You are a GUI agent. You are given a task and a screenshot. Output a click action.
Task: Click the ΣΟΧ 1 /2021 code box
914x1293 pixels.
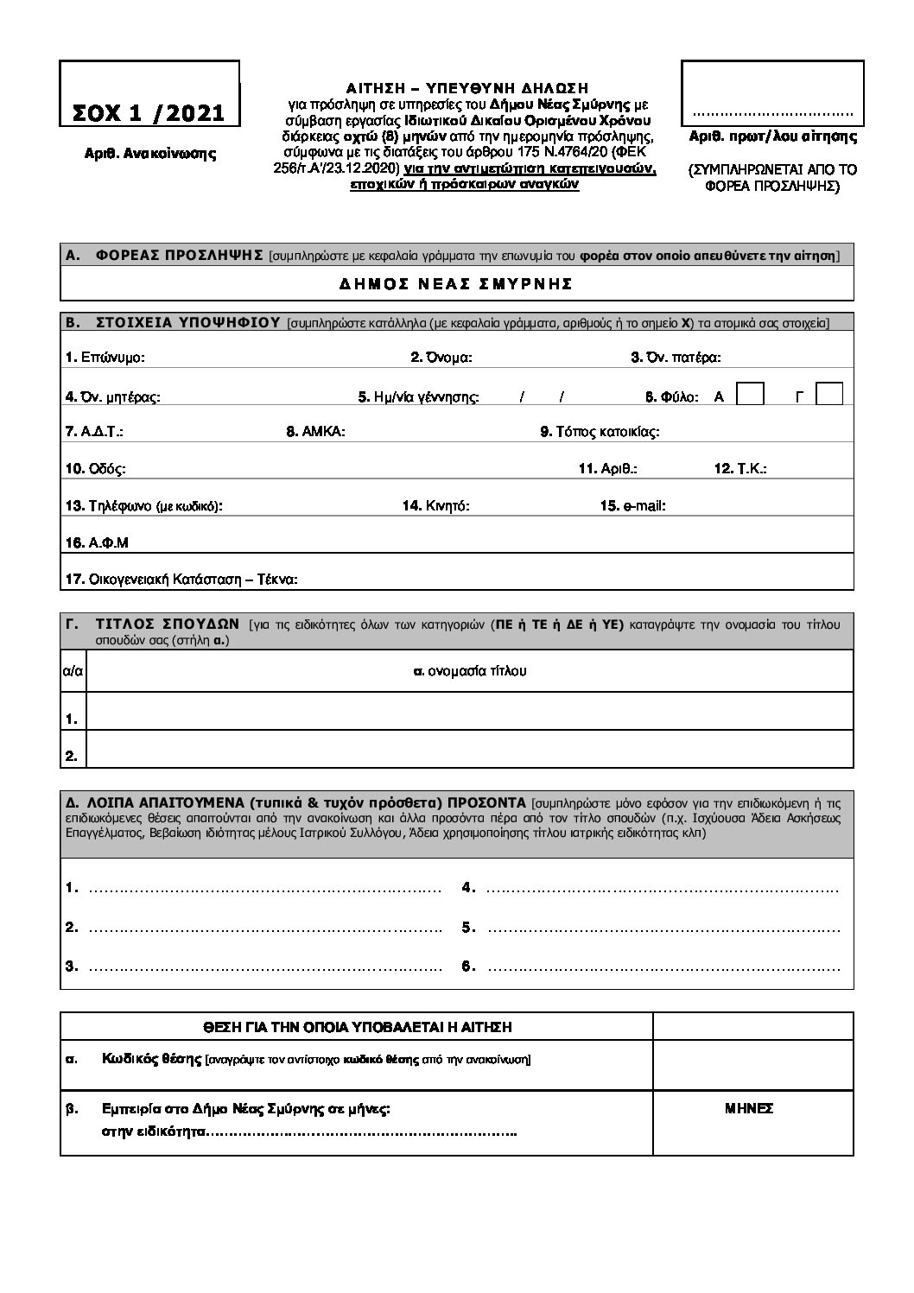149,93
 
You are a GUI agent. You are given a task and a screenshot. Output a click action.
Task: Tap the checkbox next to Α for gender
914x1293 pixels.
750,394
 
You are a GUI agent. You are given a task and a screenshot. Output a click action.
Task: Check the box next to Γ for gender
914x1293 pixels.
829,394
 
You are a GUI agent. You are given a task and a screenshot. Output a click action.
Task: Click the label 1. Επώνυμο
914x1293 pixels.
105,357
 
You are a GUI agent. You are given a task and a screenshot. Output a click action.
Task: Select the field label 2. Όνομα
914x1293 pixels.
441,357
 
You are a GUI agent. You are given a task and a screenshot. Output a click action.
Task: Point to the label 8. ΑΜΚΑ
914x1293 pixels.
316,431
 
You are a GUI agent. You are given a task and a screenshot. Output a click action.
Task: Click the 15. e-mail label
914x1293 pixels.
632,505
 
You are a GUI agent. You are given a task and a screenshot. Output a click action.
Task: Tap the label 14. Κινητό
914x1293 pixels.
436,505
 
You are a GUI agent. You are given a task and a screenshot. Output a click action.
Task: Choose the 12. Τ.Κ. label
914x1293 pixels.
740,468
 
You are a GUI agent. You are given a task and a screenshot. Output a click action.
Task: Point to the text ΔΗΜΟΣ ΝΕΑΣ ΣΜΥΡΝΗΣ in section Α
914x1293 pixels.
457,283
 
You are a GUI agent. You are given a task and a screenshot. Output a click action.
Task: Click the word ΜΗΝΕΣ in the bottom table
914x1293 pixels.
748,1109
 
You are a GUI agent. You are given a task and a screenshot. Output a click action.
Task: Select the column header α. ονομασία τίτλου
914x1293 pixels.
470,670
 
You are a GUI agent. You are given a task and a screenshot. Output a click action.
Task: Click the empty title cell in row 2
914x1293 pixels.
470,749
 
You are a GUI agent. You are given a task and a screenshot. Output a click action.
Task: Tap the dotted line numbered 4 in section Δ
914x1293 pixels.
662,888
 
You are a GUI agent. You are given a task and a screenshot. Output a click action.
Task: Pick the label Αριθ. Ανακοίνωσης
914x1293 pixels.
149,154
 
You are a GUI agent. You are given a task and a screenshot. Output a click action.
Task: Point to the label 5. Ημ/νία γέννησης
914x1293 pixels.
419,397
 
